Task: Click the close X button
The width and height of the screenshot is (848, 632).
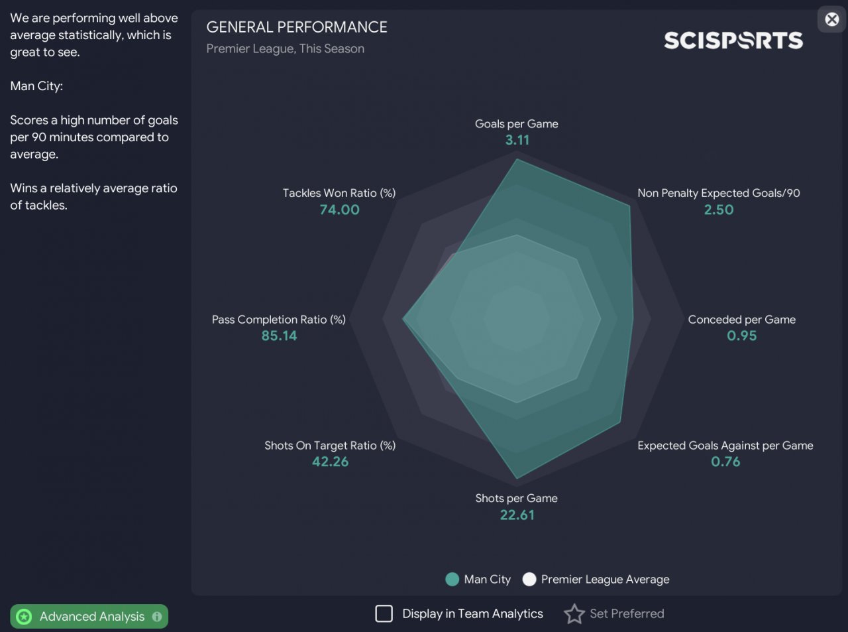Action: coord(832,19)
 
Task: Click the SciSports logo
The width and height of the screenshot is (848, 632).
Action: coord(733,40)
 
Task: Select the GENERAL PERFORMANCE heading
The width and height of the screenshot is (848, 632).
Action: coord(297,27)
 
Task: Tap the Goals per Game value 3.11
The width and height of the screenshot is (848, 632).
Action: coord(517,140)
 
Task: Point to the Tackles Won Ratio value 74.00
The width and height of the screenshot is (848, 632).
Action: coord(339,210)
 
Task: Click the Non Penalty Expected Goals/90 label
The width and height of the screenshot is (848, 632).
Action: coord(718,193)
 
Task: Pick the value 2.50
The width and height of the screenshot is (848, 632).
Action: coord(718,210)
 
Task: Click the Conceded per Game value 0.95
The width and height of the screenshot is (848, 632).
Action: coord(741,336)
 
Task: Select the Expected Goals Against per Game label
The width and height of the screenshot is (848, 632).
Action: coord(725,446)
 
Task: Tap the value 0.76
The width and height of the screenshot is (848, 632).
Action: coord(725,462)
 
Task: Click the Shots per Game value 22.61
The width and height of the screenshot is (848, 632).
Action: coord(517,515)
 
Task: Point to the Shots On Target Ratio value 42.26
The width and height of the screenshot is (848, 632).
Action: coord(330,462)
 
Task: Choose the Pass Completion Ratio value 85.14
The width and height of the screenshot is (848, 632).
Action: coord(279,336)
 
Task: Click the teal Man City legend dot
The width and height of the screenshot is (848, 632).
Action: coord(452,580)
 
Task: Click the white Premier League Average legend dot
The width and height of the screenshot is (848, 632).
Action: coord(529,580)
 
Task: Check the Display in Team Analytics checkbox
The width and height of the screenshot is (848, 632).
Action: coord(384,613)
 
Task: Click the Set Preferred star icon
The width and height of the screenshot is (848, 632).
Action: coord(574,614)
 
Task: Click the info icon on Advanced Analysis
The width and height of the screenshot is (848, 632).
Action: coord(157,617)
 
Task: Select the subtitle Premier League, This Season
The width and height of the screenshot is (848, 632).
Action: coord(285,49)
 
